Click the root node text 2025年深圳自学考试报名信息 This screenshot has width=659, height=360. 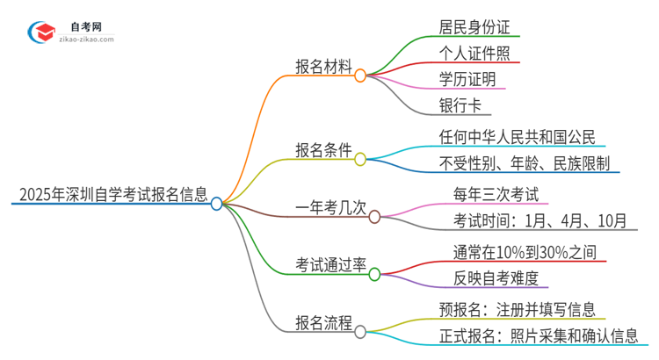tap(109, 193)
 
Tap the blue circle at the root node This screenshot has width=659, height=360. tap(217, 204)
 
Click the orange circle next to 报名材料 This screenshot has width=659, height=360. tap(359, 76)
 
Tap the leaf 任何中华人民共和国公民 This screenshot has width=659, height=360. tap(518, 136)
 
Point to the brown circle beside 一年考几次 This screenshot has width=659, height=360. tap(374, 216)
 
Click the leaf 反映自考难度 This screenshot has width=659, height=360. tap(489, 278)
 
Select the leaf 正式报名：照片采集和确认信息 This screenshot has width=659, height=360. tap(543, 335)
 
